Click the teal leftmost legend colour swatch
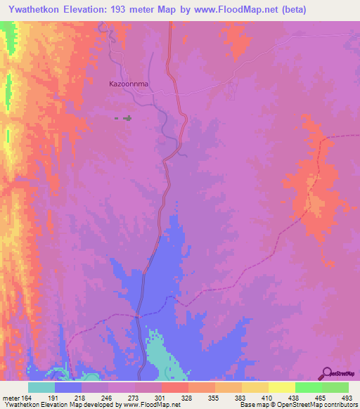41,387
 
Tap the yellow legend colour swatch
281,387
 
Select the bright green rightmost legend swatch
335,387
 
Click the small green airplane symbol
127,118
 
